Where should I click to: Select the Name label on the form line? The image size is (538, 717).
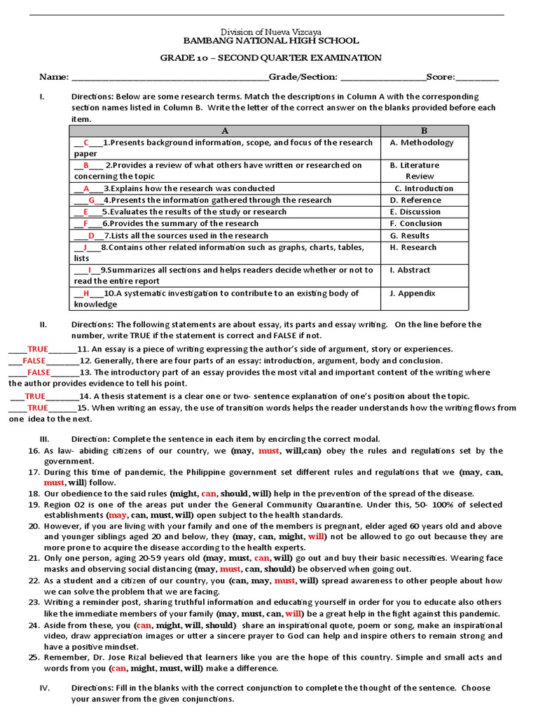pyautogui.click(x=53, y=77)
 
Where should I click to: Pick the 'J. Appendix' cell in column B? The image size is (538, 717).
pyautogui.click(x=413, y=293)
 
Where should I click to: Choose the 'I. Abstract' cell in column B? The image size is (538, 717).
pyautogui.click(x=411, y=270)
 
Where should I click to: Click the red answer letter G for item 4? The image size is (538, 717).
pyautogui.click(x=91, y=200)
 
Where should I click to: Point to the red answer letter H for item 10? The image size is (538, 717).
pyautogui.click(x=86, y=293)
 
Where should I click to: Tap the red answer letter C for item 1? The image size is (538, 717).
pyautogui.click(x=86, y=142)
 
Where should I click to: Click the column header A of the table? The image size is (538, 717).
pyautogui.click(x=225, y=131)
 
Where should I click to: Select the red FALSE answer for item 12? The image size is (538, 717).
pyautogui.click(x=34, y=361)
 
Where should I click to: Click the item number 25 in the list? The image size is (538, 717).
pyautogui.click(x=34, y=657)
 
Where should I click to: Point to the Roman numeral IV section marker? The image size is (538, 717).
pyautogui.click(x=44, y=688)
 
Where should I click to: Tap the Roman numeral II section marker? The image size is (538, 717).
pyautogui.click(x=43, y=324)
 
